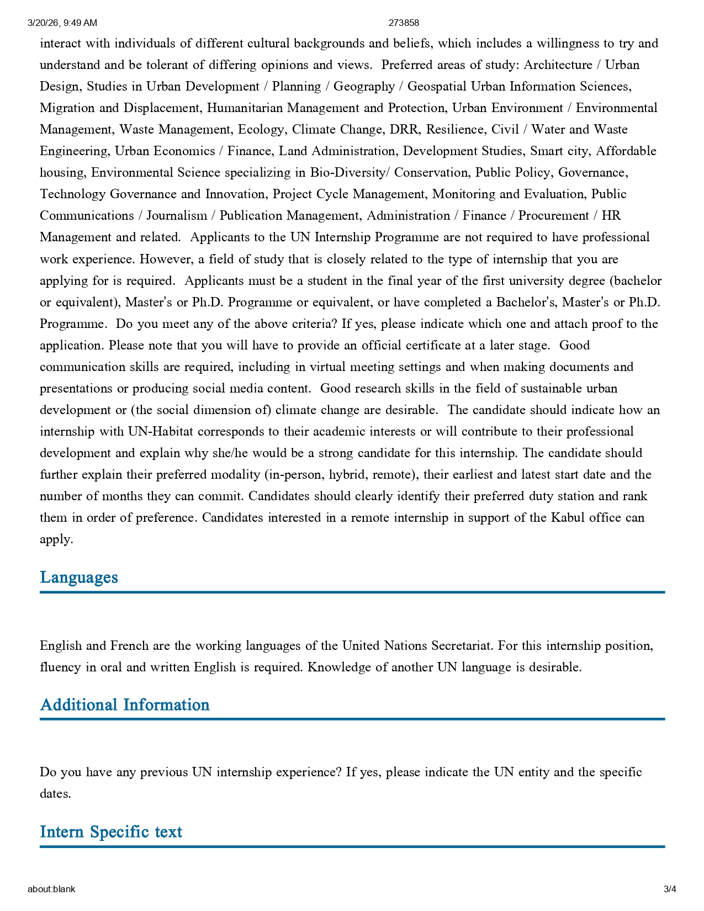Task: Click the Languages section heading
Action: click(79, 578)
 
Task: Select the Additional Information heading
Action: click(125, 705)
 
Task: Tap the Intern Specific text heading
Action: click(111, 832)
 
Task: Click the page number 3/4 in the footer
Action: click(670, 889)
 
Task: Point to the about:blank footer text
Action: click(51, 889)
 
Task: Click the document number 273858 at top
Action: click(404, 23)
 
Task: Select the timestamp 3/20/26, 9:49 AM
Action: click(62, 23)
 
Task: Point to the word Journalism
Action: click(177, 216)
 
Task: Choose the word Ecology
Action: click(262, 130)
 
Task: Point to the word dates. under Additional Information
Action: click(55, 794)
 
